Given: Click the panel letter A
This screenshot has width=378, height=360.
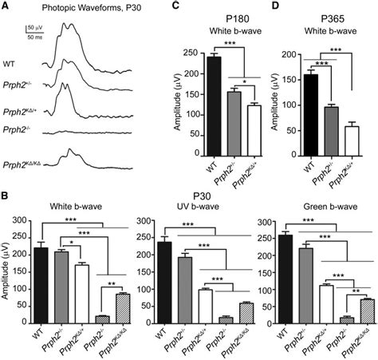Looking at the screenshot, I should (7, 6).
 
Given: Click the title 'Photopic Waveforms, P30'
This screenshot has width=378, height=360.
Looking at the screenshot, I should (73, 8).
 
